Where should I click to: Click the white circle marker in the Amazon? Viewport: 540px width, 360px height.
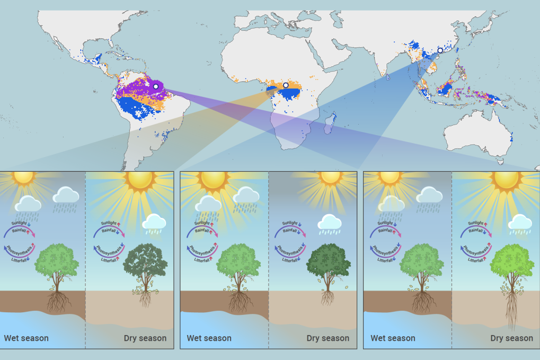click(156, 86)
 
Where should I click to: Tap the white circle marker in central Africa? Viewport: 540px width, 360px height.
click(286, 85)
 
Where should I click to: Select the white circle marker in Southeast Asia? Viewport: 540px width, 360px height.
click(440, 50)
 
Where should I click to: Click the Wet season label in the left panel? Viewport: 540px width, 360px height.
click(26, 338)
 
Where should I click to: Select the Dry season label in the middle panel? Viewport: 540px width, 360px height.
click(327, 338)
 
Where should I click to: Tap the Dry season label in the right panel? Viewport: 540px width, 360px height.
click(511, 338)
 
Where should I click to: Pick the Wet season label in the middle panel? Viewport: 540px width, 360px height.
click(209, 338)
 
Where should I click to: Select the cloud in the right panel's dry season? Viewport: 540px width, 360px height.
click(519, 223)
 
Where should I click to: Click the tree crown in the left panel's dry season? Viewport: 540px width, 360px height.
click(145, 263)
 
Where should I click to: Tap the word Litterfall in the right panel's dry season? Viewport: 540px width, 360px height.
click(477, 260)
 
